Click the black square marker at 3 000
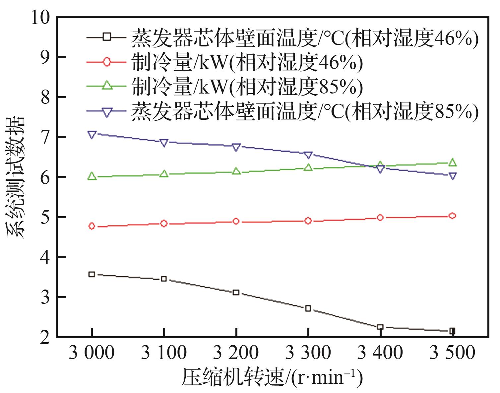(x=92, y=274)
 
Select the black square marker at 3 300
(x=308, y=308)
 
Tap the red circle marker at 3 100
(x=163, y=224)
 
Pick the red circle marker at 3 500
(x=452, y=216)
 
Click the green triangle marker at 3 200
(x=236, y=171)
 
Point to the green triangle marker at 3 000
(x=92, y=176)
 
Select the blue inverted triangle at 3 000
(x=92, y=135)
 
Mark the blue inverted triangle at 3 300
(x=308, y=155)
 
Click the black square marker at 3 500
(x=452, y=331)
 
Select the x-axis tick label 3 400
(x=380, y=353)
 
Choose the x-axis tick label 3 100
(x=163, y=353)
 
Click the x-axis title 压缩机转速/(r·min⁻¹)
(x=272, y=377)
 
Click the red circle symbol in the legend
(x=106, y=62)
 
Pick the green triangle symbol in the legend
(x=106, y=86)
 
